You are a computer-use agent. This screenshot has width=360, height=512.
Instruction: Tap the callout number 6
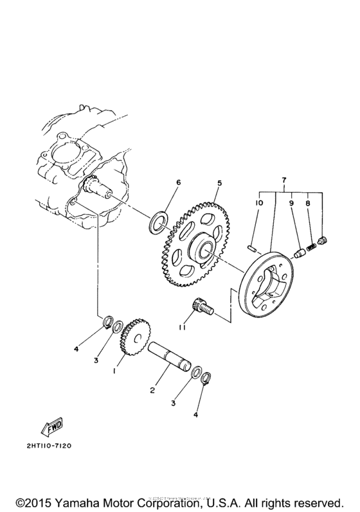point(179,182)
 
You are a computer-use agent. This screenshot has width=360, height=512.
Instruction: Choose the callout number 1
point(115,371)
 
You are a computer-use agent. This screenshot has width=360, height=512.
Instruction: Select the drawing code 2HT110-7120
point(48,445)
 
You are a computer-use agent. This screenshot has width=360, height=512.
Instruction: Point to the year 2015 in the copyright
point(30,499)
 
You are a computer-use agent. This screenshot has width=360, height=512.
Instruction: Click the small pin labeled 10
point(253,243)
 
